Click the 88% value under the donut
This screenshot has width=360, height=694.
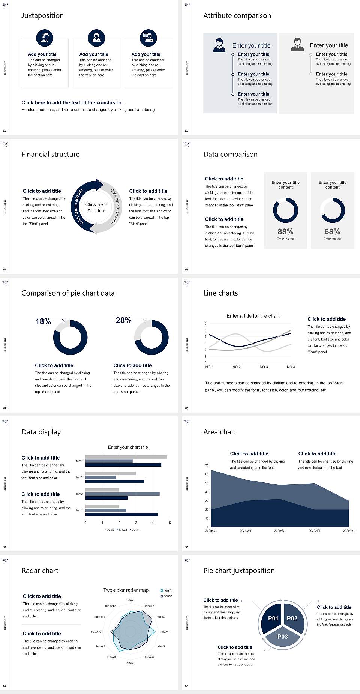point(285,232)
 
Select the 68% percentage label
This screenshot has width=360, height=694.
point(332,232)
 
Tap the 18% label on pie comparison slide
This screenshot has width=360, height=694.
point(43,321)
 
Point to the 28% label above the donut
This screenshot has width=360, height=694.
point(123,320)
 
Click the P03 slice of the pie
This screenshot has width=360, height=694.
point(282,637)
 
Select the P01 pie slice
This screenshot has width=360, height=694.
point(273,618)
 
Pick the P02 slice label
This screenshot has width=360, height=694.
point(292,618)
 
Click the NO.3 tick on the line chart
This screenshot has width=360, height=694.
point(264,367)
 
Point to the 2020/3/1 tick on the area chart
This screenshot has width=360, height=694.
point(280,531)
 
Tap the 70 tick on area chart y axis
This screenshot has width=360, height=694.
point(207,466)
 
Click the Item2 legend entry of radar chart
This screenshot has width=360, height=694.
point(166,596)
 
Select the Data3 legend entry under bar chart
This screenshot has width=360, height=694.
point(109,530)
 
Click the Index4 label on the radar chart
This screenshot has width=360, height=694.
point(164,632)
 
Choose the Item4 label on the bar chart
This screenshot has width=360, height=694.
point(79,461)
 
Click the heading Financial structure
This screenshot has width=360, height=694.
point(51,154)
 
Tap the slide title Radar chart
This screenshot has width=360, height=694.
point(40,571)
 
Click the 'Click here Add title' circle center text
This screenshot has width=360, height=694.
point(96,207)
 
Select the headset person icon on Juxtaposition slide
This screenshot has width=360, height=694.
point(45,37)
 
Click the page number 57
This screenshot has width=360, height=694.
point(187,408)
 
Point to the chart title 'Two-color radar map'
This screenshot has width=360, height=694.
point(126,590)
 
